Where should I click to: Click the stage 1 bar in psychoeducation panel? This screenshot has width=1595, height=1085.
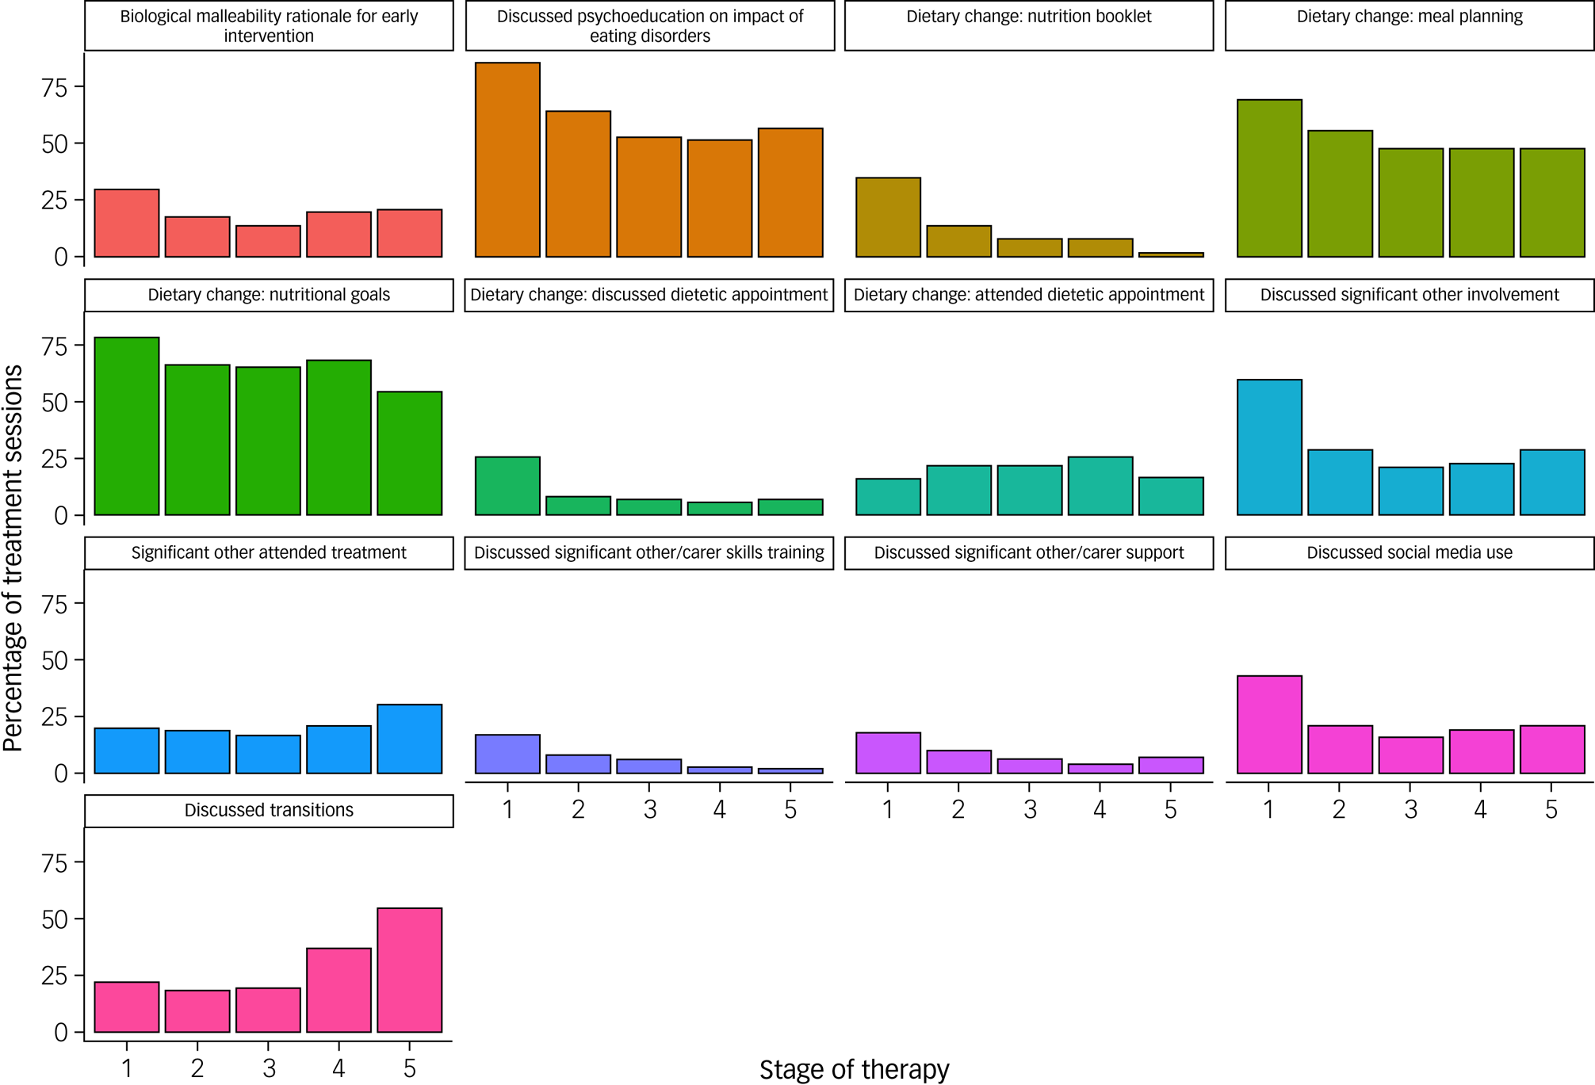tap(507, 159)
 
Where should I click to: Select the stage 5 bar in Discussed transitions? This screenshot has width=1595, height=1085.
tap(409, 970)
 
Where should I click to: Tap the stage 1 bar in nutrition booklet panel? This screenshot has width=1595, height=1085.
tap(888, 217)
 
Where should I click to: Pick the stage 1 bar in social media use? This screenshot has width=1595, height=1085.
tap(1269, 724)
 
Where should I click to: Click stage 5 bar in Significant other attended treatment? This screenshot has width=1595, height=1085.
tap(409, 739)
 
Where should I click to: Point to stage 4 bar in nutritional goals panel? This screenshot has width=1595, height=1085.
tap(339, 437)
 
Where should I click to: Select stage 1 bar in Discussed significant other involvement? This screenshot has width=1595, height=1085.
tap(1269, 447)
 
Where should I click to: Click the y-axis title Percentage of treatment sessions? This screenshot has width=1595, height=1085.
tap(13, 558)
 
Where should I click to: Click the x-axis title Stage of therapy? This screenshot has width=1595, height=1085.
tap(854, 1069)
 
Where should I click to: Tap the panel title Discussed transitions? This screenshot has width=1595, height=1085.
tap(269, 810)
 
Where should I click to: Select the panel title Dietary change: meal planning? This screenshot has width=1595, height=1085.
tap(1409, 17)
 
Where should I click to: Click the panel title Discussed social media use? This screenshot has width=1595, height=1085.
tap(1409, 552)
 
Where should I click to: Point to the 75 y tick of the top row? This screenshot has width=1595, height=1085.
tap(55, 87)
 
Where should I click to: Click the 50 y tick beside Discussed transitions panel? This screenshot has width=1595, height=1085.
tap(55, 919)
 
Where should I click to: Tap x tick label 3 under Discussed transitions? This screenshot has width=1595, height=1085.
tap(269, 1068)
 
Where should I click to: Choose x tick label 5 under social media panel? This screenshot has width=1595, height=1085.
tap(1551, 809)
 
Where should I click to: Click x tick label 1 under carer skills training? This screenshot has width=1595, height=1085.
tap(507, 809)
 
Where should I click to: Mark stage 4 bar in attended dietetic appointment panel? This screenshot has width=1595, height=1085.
tap(1100, 486)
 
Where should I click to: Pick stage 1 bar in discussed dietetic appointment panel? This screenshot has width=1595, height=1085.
tap(507, 486)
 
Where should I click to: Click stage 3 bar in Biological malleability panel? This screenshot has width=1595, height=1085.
tap(268, 241)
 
